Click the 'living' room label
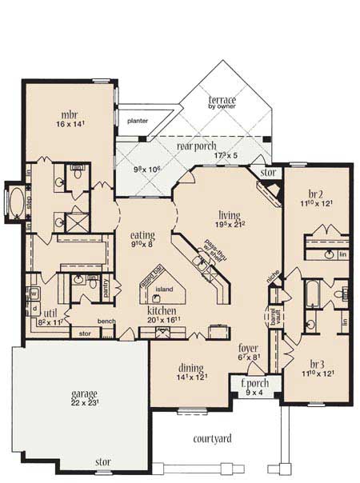click(x=230, y=214)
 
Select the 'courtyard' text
click(x=213, y=438)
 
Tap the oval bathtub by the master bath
click(x=14, y=198)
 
